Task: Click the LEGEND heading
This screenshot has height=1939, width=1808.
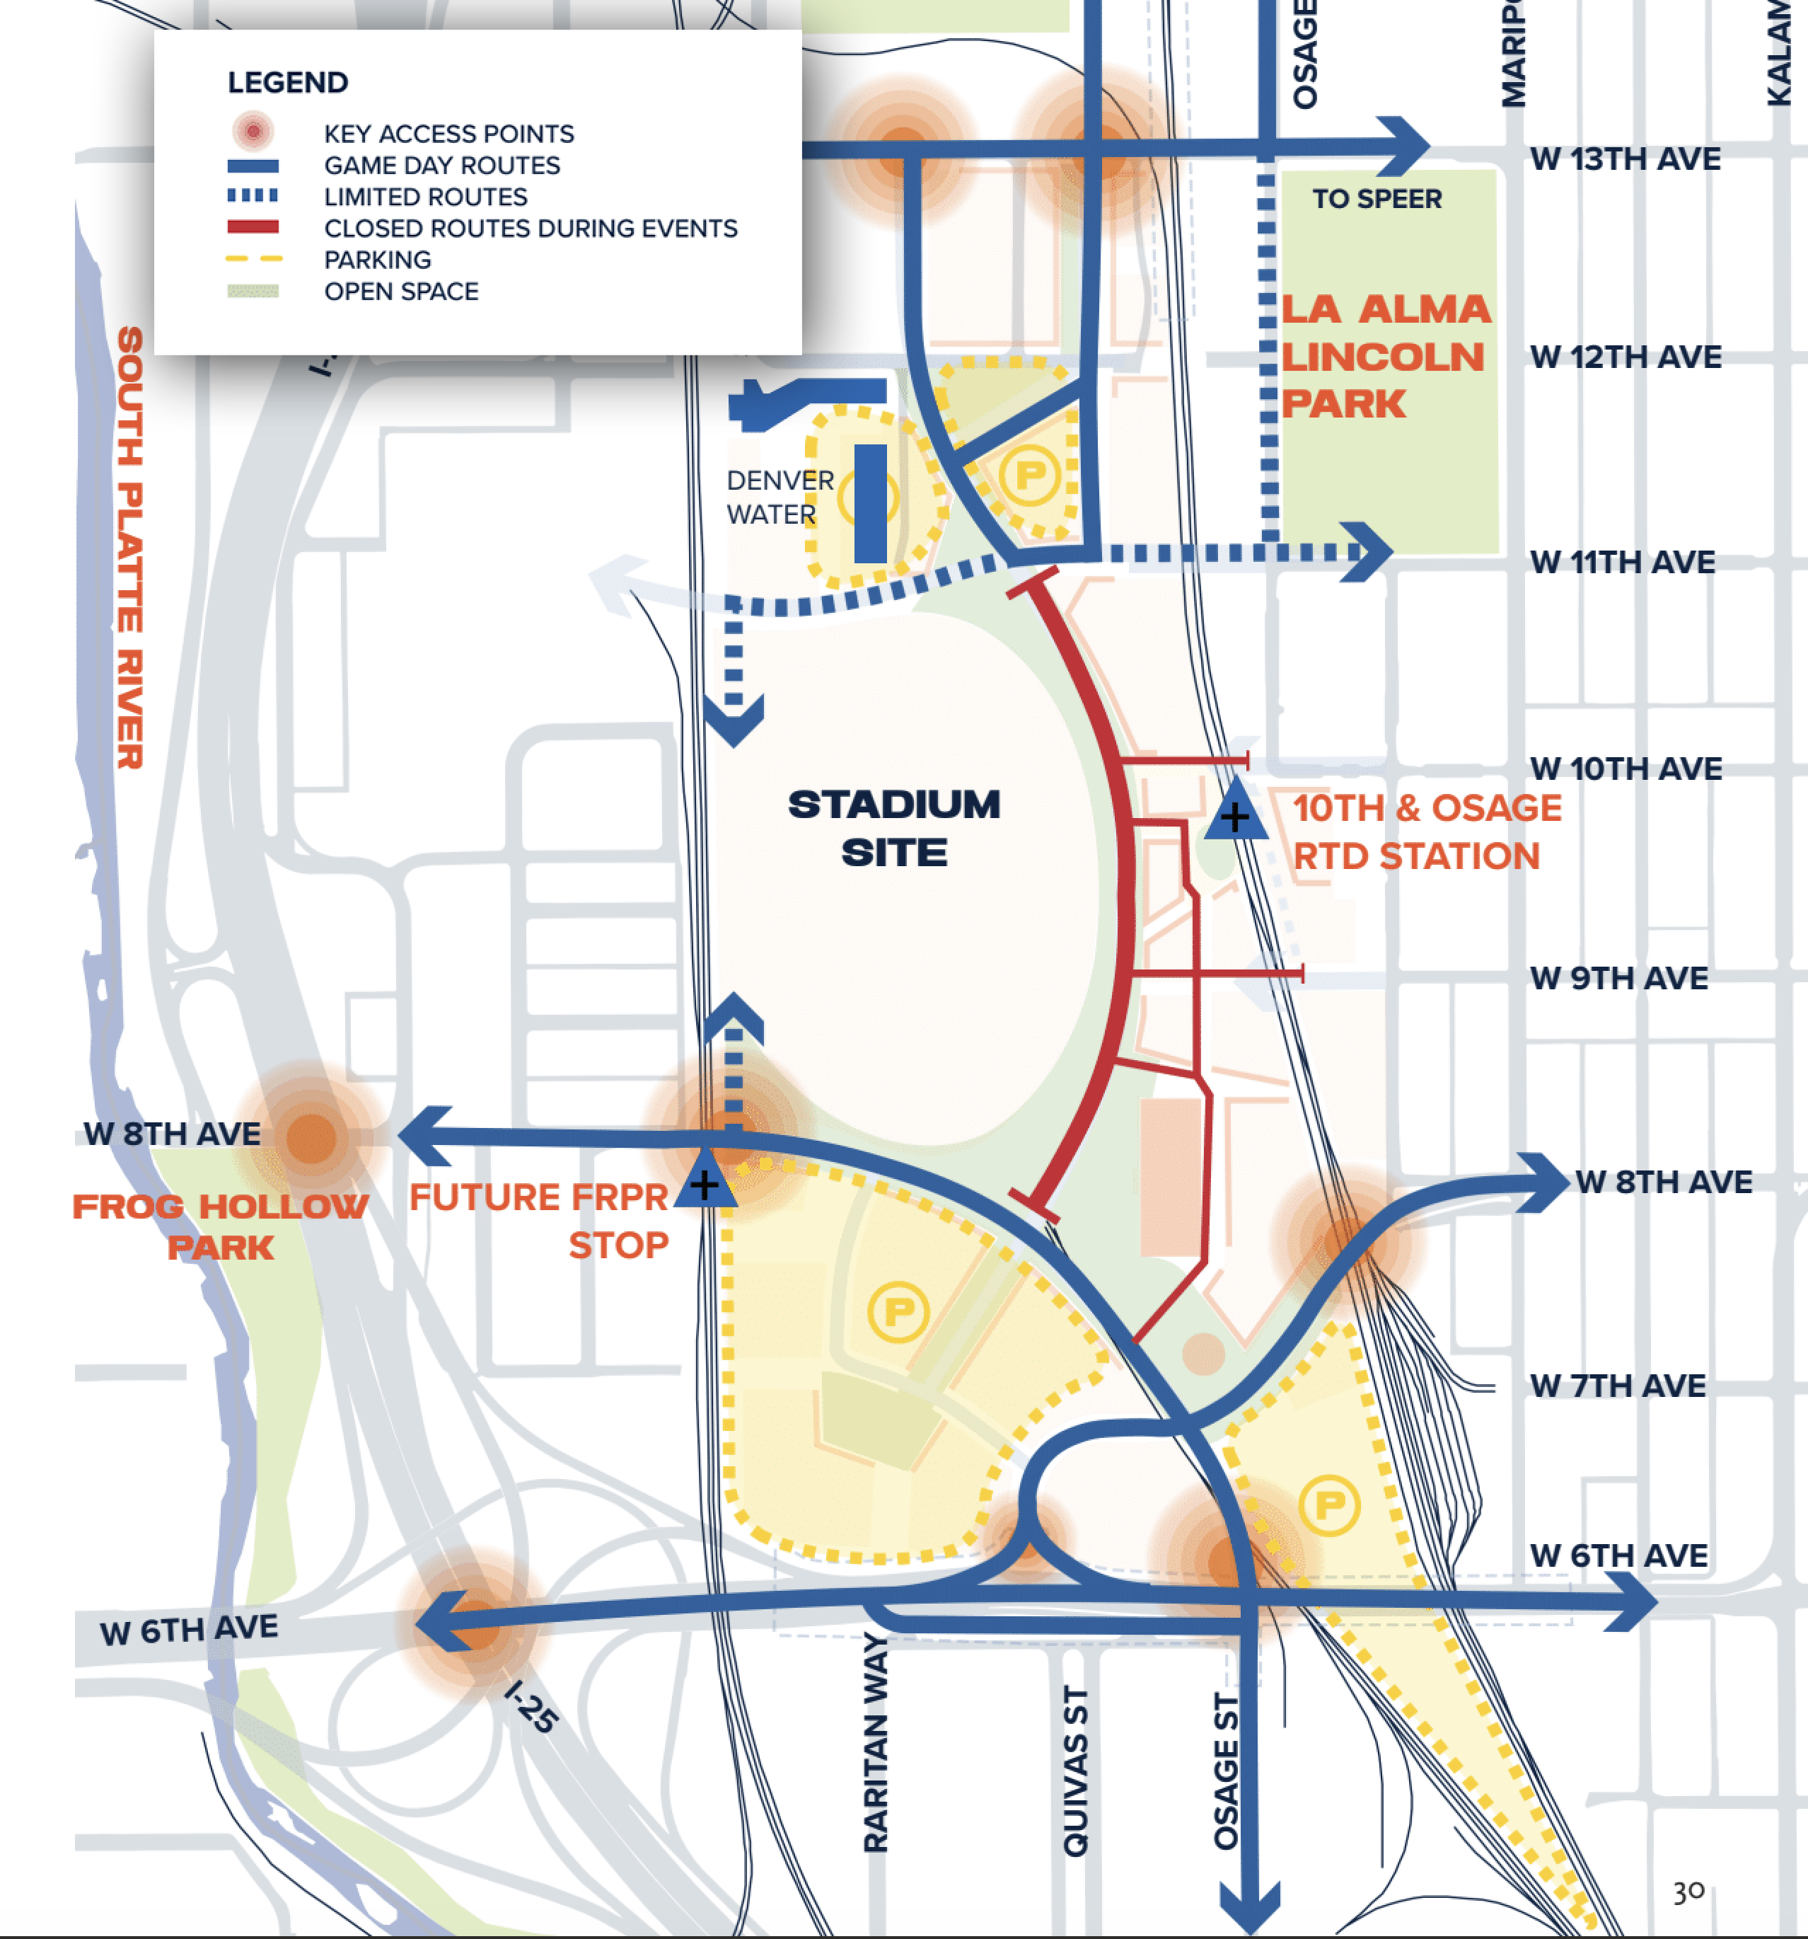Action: (288, 83)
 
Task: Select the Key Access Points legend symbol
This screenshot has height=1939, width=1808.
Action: (253, 131)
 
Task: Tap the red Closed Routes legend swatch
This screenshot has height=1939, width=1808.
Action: (253, 227)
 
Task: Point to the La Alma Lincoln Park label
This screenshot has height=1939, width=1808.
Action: (1385, 357)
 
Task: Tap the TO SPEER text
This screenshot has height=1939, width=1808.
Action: (1376, 199)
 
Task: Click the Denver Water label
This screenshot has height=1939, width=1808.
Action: (780, 497)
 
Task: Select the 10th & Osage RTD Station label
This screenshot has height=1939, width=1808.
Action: (1426, 832)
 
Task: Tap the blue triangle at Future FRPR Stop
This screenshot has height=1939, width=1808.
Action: (704, 1182)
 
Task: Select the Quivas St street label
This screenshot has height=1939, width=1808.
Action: (1074, 1771)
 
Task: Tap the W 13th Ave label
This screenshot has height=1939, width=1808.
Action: (1625, 159)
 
